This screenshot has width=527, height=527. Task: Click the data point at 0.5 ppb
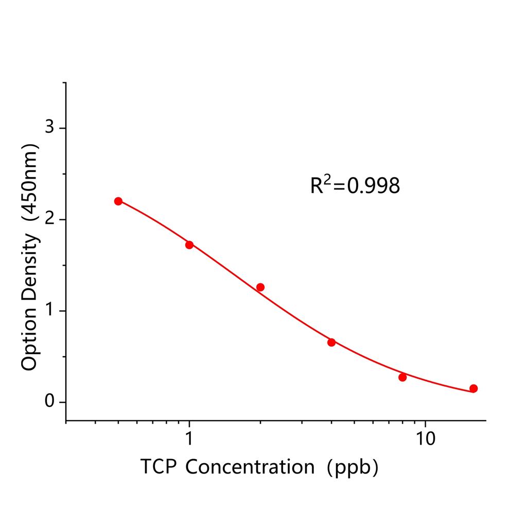[x=118, y=201]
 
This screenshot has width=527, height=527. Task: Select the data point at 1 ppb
[x=189, y=244]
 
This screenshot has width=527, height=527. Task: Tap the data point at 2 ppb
[x=260, y=287]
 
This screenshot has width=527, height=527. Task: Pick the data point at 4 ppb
[x=331, y=342]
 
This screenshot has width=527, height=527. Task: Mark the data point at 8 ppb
[x=402, y=377]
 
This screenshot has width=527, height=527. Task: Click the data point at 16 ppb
[x=473, y=389]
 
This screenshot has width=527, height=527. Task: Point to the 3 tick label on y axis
[x=50, y=128]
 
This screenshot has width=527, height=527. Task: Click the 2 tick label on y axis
[x=50, y=219]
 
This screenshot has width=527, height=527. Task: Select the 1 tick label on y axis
[x=50, y=311]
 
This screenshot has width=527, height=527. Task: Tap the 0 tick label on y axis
[x=50, y=402]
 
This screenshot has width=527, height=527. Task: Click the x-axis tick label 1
[x=189, y=440]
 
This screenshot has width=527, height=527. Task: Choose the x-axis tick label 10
[x=425, y=440]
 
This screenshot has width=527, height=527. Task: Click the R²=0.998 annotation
[x=355, y=186]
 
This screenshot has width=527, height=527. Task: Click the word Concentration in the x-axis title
[x=250, y=467]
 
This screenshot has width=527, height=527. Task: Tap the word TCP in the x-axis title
[x=157, y=467]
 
